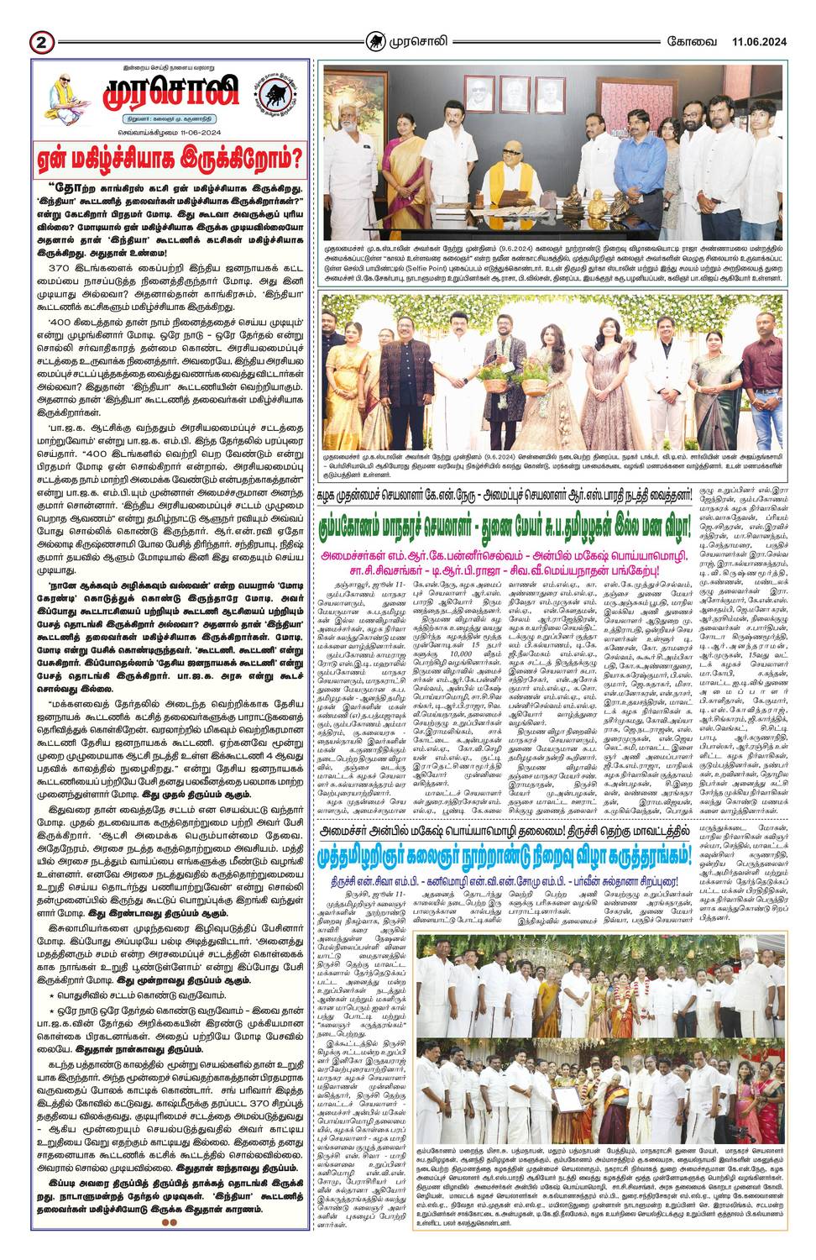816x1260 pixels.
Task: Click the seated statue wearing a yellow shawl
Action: click(510, 182)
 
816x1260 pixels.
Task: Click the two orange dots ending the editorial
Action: click(169, 1222)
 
